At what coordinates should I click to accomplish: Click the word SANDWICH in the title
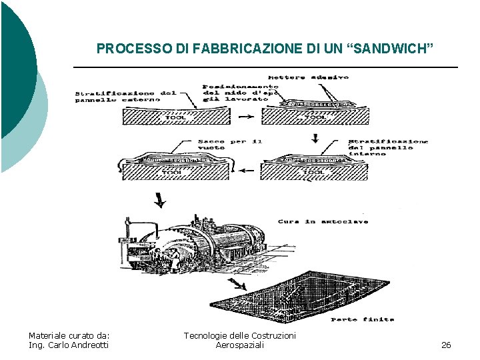click(394, 49)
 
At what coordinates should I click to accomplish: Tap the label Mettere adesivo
click(308, 77)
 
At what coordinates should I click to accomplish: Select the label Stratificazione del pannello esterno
click(125, 96)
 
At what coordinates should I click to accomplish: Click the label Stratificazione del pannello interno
click(388, 147)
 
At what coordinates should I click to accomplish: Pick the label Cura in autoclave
click(323, 221)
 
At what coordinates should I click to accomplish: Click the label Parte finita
click(362, 319)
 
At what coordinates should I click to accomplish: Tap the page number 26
click(446, 345)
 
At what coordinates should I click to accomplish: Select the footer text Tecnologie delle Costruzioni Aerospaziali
click(240, 340)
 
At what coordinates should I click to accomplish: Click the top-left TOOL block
click(177, 117)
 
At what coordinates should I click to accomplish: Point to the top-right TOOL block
click(313, 117)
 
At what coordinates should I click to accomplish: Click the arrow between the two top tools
click(245, 117)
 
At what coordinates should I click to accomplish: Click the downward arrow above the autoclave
click(160, 199)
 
